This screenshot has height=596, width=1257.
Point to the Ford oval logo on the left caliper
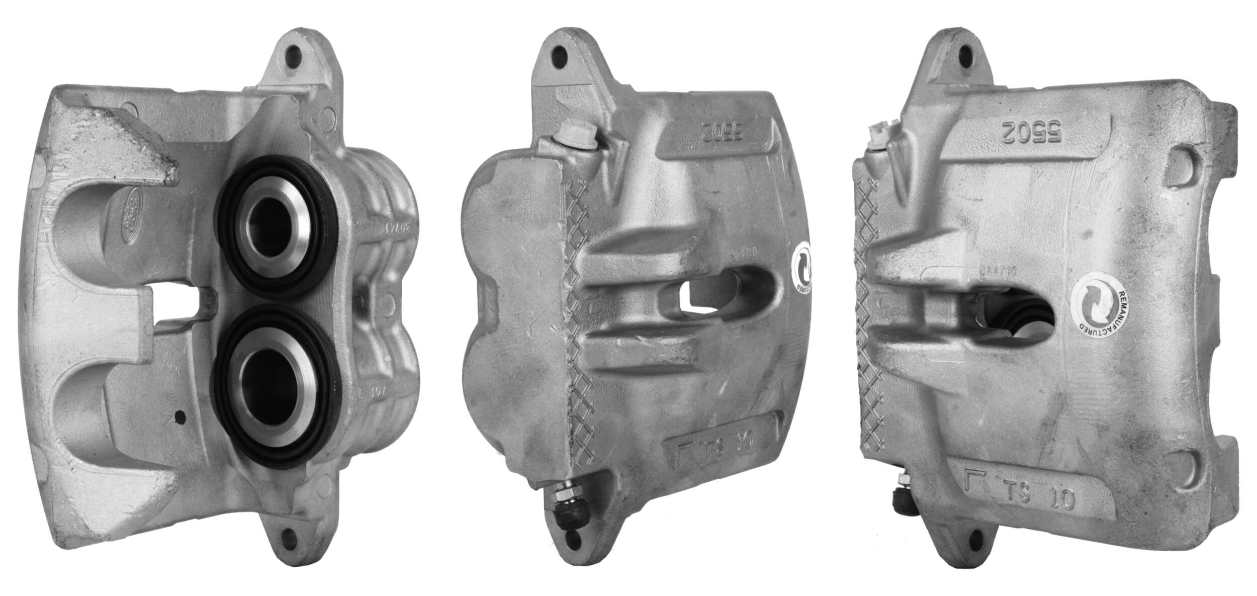(x=132, y=206)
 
